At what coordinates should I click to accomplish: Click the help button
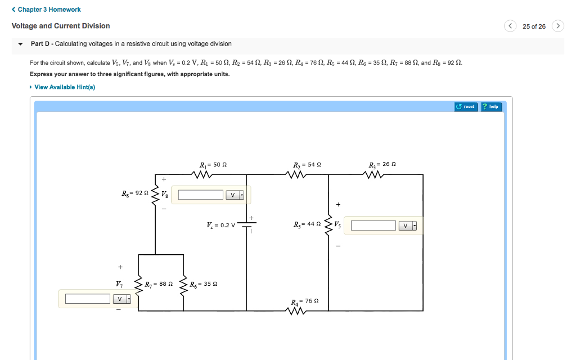click(x=491, y=106)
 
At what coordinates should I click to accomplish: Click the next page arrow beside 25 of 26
click(x=557, y=26)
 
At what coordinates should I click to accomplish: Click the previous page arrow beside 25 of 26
click(x=510, y=26)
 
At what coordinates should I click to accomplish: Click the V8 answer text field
click(x=201, y=195)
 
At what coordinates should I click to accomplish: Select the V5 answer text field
click(x=373, y=226)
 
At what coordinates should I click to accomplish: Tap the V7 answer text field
click(x=87, y=299)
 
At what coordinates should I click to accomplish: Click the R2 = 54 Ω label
click(x=307, y=165)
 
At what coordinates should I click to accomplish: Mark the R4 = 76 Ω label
click(x=305, y=301)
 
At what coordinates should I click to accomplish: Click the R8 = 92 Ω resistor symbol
click(x=155, y=194)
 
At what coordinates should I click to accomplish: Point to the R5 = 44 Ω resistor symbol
click(x=328, y=225)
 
